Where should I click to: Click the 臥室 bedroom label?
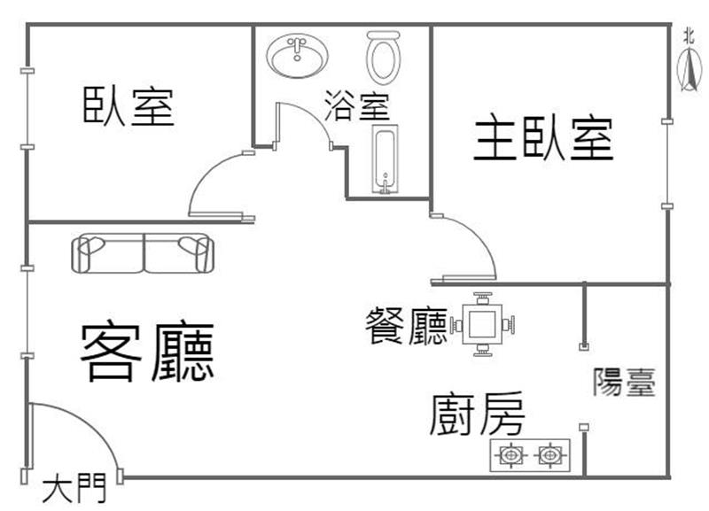pyautogui.click(x=128, y=106)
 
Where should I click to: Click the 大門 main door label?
pyautogui.click(x=74, y=488)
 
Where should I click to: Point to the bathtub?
pyautogui.click(x=385, y=159)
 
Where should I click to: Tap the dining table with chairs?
pyautogui.click(x=483, y=324)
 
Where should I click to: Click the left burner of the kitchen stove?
pyautogui.click(x=511, y=455)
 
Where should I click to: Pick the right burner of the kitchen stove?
pyautogui.click(x=550, y=455)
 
